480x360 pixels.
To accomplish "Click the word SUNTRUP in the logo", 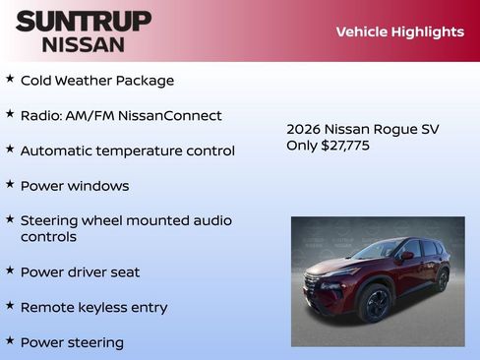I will point(84,21).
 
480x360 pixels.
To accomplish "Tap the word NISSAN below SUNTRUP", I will point(84,43).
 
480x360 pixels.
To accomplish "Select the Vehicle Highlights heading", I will point(399,31).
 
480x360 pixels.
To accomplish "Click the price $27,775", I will point(345,146).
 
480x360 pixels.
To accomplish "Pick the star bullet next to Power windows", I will point(10,184).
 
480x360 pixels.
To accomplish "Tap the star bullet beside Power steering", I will point(10,341).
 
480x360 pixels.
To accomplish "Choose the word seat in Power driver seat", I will point(123,271).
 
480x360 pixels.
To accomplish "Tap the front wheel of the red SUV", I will point(374,303).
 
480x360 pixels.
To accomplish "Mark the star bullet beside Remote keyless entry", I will point(10,306).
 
